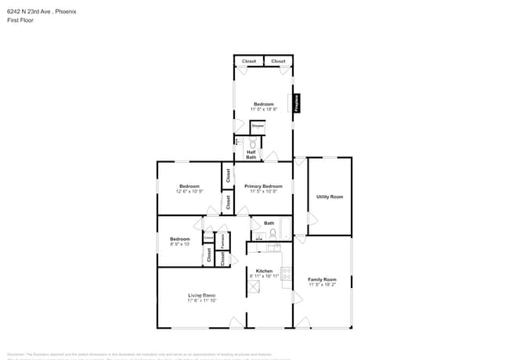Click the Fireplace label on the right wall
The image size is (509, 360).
click(x=297, y=103)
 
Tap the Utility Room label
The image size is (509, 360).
click(x=330, y=196)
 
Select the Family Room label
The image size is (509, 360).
click(x=322, y=279)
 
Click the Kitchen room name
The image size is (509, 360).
click(x=264, y=271)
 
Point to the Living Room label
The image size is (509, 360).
click(x=201, y=294)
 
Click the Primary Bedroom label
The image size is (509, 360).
click(x=263, y=186)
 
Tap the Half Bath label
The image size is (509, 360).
click(x=251, y=154)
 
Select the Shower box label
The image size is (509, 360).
click(x=258, y=125)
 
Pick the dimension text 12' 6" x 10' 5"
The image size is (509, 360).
click(x=190, y=191)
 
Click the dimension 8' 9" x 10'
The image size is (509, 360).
click(x=180, y=244)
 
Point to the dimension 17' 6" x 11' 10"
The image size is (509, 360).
click(x=201, y=300)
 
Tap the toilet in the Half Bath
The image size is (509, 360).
click(x=252, y=143)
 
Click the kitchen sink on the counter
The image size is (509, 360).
click(x=272, y=248)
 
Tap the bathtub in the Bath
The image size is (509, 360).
click(x=286, y=228)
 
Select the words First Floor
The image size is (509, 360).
click(x=17, y=20)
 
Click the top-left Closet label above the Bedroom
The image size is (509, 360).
click(x=248, y=61)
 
